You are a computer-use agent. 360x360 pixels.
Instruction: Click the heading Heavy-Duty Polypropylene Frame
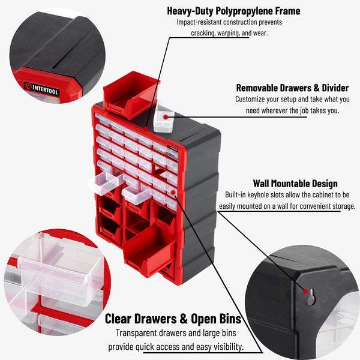click(233, 11)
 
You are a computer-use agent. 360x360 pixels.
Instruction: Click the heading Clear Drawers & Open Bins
click(173, 319)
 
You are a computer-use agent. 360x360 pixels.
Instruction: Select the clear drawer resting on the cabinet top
click(163, 119)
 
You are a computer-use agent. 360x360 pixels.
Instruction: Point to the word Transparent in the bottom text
click(136, 334)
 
